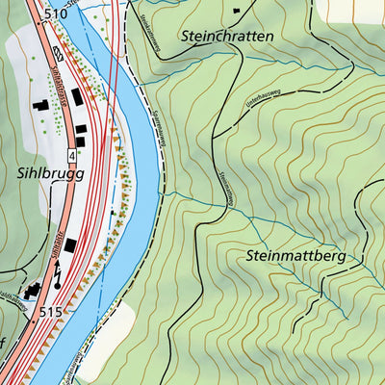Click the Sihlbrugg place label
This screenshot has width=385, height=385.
click(x=48, y=174)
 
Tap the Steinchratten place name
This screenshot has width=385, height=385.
click(x=227, y=36)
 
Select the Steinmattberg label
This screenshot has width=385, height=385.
click(x=295, y=257)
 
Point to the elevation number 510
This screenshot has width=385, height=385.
click(x=56, y=13)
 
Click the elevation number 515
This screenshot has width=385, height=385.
click(x=56, y=313)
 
